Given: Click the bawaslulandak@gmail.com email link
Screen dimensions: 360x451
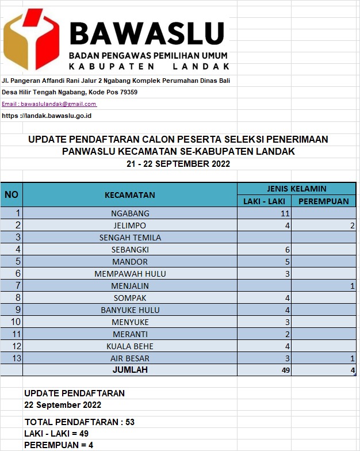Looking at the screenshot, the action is click(x=49, y=104).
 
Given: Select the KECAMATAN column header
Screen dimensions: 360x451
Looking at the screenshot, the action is click(x=129, y=195).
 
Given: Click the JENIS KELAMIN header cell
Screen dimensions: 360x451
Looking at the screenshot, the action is click(x=296, y=189).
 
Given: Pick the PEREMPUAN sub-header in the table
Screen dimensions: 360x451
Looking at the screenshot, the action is click(x=323, y=201).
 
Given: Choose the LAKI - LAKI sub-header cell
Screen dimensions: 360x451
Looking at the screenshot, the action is click(x=264, y=201).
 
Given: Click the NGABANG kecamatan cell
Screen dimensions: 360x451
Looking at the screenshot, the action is click(x=129, y=213).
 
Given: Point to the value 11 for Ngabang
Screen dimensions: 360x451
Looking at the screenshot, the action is click(x=284, y=213).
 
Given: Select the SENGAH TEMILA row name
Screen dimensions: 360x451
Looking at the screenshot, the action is click(x=130, y=238).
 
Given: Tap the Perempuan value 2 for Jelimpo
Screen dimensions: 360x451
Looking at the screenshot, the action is click(x=351, y=225).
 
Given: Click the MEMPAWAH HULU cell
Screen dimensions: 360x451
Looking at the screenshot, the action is click(x=130, y=274).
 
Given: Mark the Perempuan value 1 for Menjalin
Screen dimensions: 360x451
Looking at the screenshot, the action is click(x=351, y=286).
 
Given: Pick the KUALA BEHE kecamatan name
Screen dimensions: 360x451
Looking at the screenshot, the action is click(x=130, y=346).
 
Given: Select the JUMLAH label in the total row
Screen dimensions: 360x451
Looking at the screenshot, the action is click(x=130, y=370).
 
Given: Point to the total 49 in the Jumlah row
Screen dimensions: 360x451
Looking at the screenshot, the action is click(x=284, y=370).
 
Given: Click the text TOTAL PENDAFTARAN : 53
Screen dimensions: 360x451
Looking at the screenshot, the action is click(x=79, y=422).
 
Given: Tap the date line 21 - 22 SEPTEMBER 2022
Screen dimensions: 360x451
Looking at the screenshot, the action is click(x=178, y=164).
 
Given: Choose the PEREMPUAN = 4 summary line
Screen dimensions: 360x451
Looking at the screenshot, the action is click(x=59, y=445).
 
